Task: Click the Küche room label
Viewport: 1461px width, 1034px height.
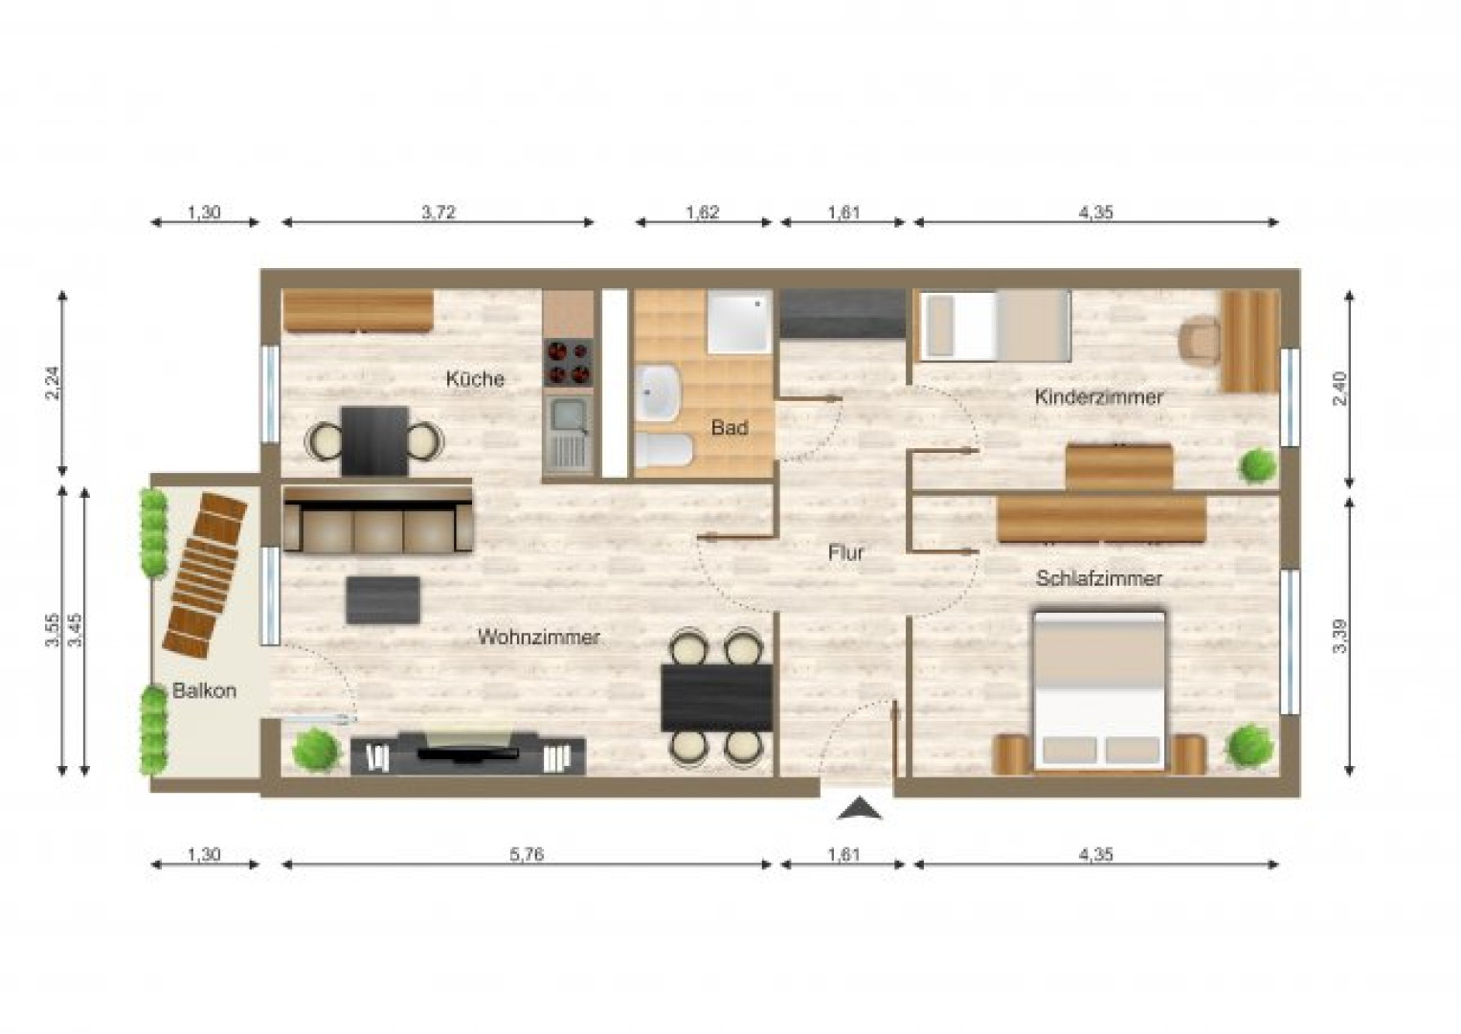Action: (475, 379)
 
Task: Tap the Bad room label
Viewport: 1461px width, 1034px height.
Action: (729, 428)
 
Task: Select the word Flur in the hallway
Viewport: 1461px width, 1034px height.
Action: (846, 552)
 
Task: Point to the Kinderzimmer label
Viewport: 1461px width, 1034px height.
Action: (1098, 396)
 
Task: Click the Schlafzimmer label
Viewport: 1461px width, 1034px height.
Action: (1098, 578)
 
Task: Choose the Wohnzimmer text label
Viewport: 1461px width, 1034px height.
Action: (539, 637)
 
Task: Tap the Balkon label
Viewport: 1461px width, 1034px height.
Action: (204, 690)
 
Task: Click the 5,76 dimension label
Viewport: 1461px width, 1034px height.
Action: (527, 854)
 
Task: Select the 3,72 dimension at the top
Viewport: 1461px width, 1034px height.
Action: (438, 212)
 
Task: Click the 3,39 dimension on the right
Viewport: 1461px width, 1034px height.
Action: (1340, 636)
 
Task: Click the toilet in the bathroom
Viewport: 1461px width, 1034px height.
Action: (663, 451)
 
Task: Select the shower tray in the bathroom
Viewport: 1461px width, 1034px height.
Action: (739, 321)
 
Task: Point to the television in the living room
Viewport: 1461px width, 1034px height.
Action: (468, 751)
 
